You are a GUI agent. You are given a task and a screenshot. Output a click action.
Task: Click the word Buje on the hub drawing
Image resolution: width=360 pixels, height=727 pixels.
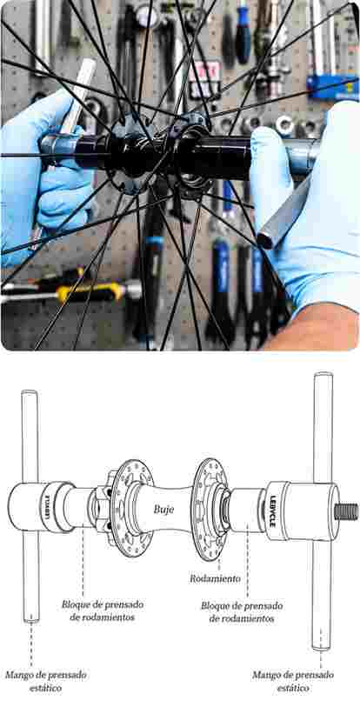pos(163,509)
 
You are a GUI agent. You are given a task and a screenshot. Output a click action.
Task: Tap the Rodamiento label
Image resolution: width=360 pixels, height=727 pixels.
pos(216,578)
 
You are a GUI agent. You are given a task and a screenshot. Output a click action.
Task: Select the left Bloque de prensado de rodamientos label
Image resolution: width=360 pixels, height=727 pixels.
pos(103,611)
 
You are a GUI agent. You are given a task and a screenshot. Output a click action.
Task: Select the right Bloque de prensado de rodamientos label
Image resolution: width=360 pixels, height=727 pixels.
pos(241,612)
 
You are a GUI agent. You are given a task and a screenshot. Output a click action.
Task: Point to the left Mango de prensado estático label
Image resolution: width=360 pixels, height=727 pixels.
pos(45,681)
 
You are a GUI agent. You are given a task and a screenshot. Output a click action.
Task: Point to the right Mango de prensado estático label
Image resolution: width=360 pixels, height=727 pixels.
pos(293,681)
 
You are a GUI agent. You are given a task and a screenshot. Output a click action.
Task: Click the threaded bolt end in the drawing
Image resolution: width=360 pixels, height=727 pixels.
pos(347,511)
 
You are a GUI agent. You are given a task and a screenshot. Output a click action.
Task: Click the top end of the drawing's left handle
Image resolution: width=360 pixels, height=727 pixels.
pos(30,393)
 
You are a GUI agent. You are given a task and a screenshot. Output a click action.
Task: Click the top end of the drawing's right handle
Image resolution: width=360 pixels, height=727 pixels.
pos(323,375)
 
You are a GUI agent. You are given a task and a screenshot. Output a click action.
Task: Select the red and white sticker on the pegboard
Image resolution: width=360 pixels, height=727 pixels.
pos(203,80)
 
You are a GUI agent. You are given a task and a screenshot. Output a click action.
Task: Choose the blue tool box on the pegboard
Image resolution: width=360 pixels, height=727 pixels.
pos(332,88)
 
